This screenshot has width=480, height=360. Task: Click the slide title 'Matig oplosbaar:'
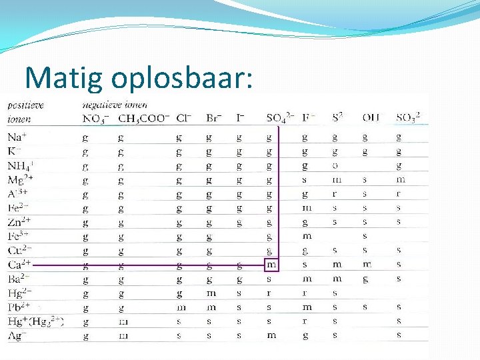(139, 78)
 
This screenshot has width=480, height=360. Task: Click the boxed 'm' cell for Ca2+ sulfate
(271, 265)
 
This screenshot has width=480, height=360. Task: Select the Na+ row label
(17, 137)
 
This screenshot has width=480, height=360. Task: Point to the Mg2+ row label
(21, 179)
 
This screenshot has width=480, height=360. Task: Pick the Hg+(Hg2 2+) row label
(35, 321)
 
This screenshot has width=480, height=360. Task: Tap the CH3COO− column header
(143, 118)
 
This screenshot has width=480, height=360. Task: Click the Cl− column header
(184, 118)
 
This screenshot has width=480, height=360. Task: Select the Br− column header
(213, 118)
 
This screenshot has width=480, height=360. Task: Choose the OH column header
(371, 118)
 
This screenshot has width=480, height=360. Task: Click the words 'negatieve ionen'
(115, 105)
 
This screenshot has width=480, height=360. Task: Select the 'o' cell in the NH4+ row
(335, 165)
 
